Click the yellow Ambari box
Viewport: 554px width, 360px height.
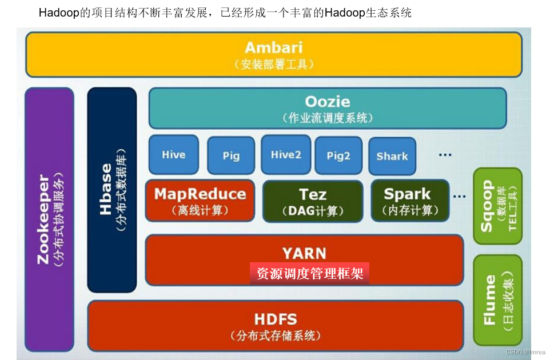tap(273, 54)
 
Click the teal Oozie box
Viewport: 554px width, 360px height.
tap(327, 108)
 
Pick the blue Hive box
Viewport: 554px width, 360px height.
tap(173, 155)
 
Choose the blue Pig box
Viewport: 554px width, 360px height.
tap(231, 155)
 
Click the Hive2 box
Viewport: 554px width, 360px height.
tap(286, 155)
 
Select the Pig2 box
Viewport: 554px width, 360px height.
tap(338, 155)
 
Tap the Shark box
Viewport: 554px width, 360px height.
tap(392, 155)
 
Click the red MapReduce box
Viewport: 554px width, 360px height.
tap(200, 201)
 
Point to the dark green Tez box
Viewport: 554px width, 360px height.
tap(312, 201)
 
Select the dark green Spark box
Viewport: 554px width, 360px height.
tap(407, 201)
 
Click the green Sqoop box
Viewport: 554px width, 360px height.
tap(497, 206)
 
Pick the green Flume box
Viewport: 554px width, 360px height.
tap(497, 300)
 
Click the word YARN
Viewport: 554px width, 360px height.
tap(304, 253)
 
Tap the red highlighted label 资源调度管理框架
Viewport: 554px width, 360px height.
tap(309, 274)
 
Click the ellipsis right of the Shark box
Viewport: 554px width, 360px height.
tap(445, 154)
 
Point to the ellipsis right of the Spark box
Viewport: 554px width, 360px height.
tap(459, 195)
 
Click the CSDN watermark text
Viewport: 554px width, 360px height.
tap(525, 352)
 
